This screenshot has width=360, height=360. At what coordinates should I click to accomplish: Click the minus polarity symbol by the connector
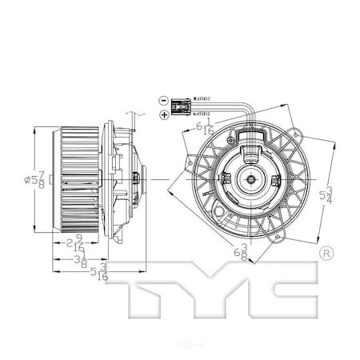coord(163,102)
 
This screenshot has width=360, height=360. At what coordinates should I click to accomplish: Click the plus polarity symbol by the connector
coord(163,116)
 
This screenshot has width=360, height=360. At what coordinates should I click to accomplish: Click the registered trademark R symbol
coord(325,254)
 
